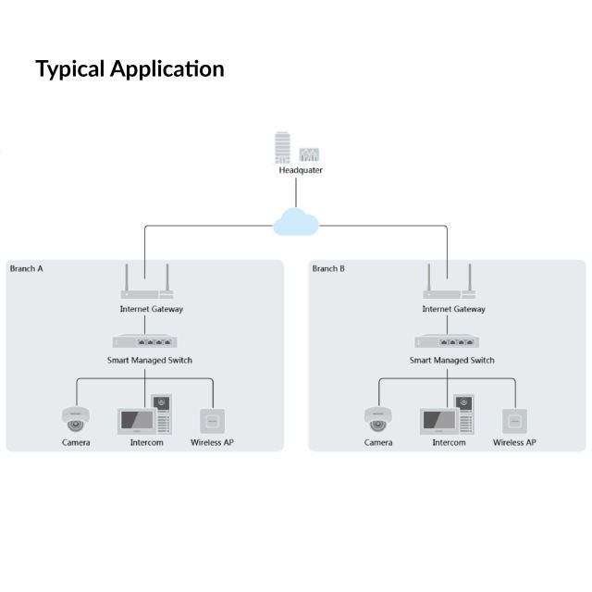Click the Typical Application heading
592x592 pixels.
tap(129, 69)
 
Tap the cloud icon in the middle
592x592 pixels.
tap(296, 222)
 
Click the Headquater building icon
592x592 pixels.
tap(297, 149)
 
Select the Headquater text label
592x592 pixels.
tap(301, 170)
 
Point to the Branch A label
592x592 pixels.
tap(26, 268)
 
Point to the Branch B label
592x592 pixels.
tap(328, 268)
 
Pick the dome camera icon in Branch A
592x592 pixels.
tap(75, 419)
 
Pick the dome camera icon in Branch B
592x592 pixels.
tap(377, 419)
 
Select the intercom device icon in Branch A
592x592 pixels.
tap(146, 416)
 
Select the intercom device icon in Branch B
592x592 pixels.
tap(449, 416)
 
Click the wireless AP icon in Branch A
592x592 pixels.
tap(213, 420)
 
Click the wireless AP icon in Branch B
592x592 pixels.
tap(514, 420)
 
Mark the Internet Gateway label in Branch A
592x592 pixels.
tap(151, 309)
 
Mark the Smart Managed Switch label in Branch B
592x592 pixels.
tap(452, 361)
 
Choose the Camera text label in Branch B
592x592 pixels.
tap(378, 443)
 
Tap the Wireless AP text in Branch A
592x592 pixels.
tap(213, 443)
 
